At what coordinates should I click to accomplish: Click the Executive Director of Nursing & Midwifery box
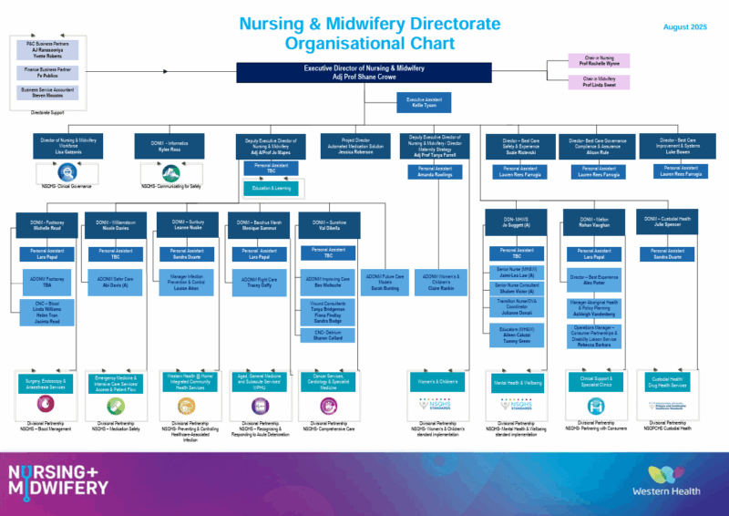[x=364, y=72]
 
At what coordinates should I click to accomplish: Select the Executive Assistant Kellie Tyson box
[x=423, y=102]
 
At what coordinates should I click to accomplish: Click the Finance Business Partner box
[x=51, y=71]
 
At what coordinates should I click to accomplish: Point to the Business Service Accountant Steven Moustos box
[x=51, y=92]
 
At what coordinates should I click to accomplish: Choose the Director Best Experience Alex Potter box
[x=593, y=279]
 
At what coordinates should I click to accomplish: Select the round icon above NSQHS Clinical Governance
[x=51, y=171]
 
